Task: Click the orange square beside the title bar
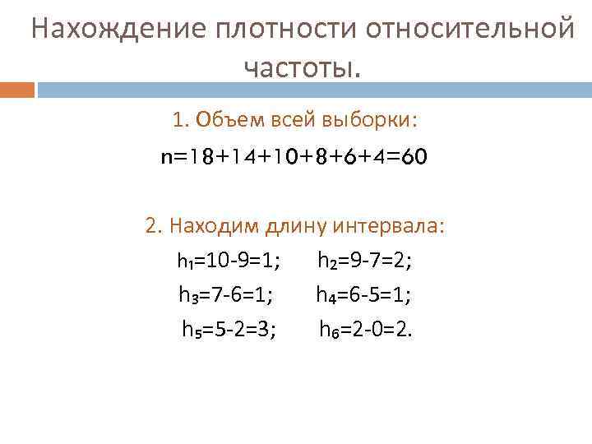point(17,89)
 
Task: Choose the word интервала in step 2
point(398,225)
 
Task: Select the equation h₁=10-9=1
point(228,261)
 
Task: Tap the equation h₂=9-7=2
point(365,261)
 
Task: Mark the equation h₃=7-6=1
point(226,294)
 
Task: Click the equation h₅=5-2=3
point(229,330)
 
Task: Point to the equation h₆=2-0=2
point(367,330)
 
